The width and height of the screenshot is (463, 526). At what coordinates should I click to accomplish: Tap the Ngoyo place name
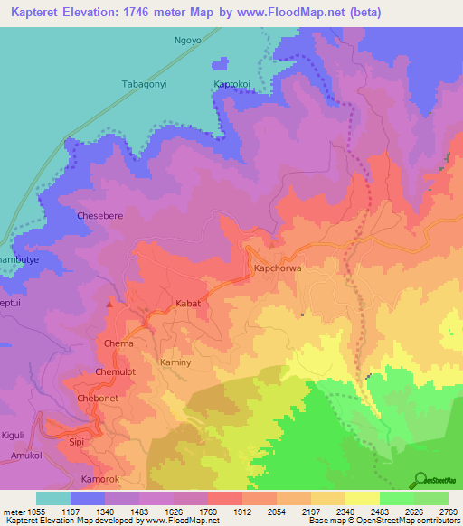(189, 42)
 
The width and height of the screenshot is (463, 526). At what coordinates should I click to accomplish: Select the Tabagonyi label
(145, 84)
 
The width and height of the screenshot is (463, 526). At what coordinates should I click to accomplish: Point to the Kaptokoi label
(232, 85)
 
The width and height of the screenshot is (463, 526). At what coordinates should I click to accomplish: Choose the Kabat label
(187, 304)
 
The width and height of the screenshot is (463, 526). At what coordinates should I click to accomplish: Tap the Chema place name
(118, 343)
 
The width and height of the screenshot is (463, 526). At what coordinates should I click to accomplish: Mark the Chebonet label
(98, 399)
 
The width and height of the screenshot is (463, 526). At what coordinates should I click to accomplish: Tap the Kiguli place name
(14, 435)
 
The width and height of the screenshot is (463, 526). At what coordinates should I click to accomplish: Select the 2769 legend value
(449, 512)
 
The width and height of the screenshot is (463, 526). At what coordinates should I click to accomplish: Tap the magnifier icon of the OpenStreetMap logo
(420, 479)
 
